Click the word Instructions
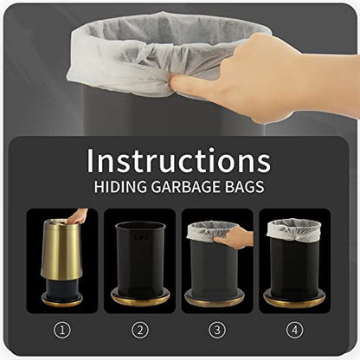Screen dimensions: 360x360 coord(178,160)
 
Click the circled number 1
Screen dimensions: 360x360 coord(62,330)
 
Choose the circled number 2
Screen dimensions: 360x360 coord(140,330)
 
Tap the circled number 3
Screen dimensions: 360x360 coord(217,330)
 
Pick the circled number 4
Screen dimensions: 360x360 coord(295,330)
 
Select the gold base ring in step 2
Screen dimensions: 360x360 coord(140,299)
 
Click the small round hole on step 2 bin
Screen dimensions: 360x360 coord(141,238)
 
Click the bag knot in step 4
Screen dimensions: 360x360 coord(292,232)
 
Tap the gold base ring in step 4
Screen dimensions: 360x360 coord(295,300)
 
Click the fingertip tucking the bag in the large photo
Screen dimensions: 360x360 coord(177,84)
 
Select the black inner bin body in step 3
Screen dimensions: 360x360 coord(214,268)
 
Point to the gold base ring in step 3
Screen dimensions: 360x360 coord(214,300)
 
